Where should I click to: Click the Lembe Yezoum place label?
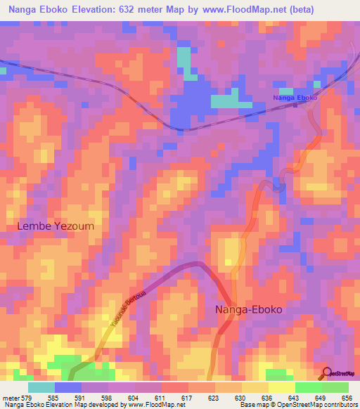pos(55,226)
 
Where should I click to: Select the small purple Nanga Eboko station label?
pos(295,97)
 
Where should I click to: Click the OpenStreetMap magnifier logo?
pos(328,372)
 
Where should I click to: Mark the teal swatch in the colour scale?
pos(41,387)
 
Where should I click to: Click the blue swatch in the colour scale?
pos(67,387)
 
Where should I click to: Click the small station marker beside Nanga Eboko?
pos(295,105)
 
